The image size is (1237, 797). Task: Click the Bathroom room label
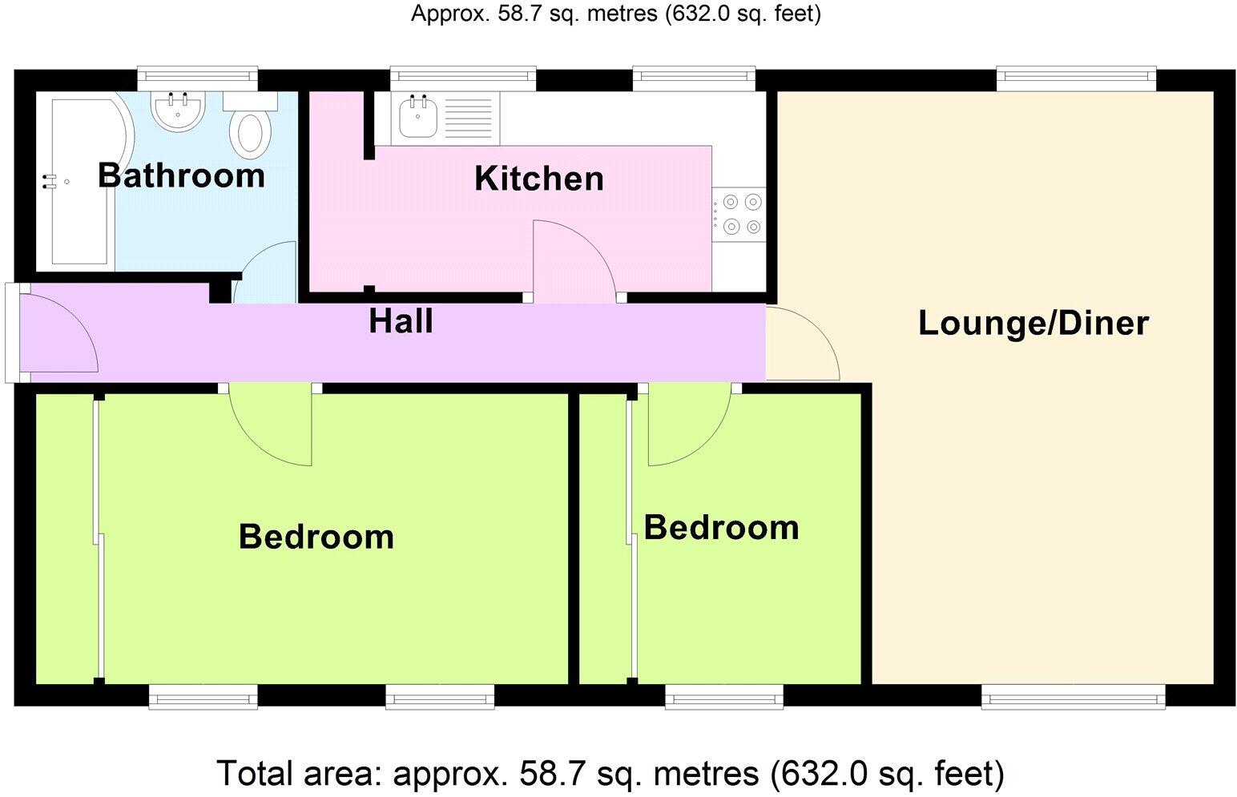tap(181, 175)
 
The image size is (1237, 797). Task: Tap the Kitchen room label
tap(538, 178)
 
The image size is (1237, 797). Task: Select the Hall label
tap(401, 321)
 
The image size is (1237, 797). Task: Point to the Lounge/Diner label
tap(1033, 323)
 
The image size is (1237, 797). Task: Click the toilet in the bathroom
tap(250, 132)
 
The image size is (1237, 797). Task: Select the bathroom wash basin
tap(179, 111)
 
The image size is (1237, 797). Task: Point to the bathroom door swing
tap(266, 272)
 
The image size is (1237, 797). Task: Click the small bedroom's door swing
tap(687, 425)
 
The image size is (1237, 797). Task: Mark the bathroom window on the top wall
tap(197, 78)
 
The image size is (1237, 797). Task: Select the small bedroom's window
tap(724, 697)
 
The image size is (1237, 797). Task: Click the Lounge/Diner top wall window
tap(1076, 78)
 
